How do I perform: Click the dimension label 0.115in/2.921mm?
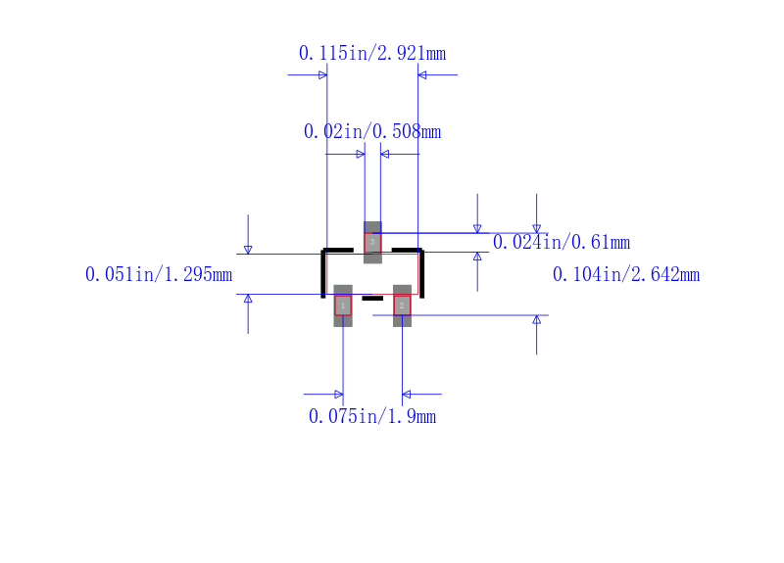point(372,53)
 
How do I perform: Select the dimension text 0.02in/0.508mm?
point(372,131)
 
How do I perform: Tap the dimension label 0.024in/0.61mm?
point(561,242)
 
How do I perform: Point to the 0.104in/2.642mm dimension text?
point(626,274)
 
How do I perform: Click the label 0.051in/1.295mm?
point(159,274)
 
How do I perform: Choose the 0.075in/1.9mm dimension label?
point(372,416)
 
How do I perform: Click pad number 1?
point(343,305)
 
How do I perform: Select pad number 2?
point(402,305)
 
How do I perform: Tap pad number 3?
point(372,242)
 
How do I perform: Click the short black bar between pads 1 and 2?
point(372,299)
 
